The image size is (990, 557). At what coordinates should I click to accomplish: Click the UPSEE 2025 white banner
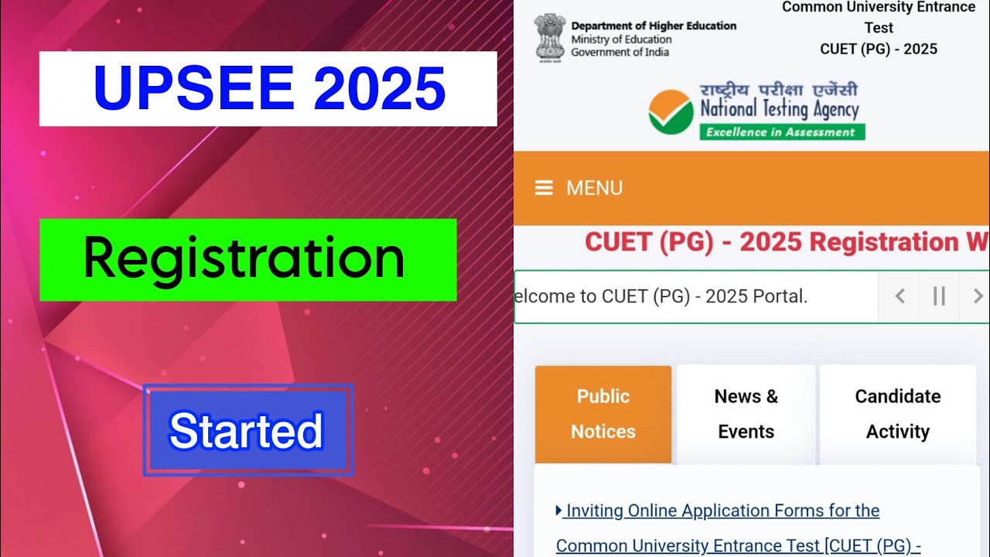[268, 89]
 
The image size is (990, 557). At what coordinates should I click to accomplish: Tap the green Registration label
[247, 259]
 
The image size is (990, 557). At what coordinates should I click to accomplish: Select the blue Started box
[247, 430]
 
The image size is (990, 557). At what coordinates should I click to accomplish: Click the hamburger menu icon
[544, 188]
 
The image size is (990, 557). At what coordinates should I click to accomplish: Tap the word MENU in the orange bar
[594, 188]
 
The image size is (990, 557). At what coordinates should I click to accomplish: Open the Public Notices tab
[603, 414]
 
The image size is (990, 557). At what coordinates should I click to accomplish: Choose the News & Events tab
[746, 414]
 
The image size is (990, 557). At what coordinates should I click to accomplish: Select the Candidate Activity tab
[898, 414]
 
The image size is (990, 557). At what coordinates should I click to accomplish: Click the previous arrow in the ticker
[900, 296]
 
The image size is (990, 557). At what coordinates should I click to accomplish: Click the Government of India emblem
[549, 36]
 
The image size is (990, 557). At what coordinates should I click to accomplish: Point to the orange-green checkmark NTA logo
[671, 111]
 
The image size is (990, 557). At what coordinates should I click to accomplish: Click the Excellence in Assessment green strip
[781, 132]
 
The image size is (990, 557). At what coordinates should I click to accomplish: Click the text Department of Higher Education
[654, 26]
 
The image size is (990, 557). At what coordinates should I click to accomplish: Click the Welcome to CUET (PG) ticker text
[661, 296]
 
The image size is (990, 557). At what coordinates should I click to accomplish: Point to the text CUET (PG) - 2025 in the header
[879, 50]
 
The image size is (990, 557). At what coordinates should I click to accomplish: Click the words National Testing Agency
[779, 109]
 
